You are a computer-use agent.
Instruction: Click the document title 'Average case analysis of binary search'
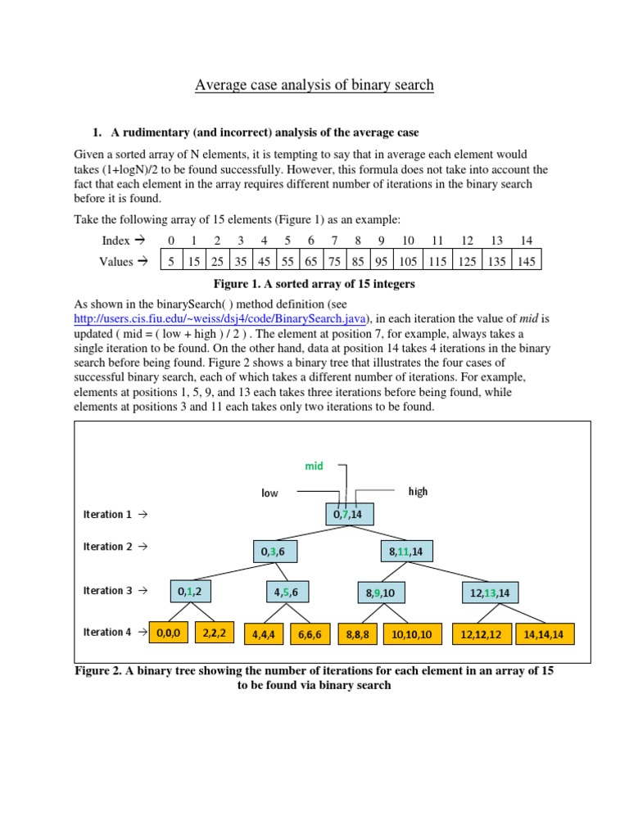314,84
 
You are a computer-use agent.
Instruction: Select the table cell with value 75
334,262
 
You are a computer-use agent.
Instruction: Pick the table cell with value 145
526,262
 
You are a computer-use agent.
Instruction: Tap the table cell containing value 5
170,262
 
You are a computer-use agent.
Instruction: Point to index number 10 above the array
407,241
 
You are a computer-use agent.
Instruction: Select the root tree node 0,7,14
350,515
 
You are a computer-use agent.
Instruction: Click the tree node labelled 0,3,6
274,552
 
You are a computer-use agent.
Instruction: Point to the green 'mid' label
314,466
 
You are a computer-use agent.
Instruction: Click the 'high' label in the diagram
418,491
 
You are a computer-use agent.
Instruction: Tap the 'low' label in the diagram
270,493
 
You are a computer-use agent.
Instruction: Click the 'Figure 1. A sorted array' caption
314,284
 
